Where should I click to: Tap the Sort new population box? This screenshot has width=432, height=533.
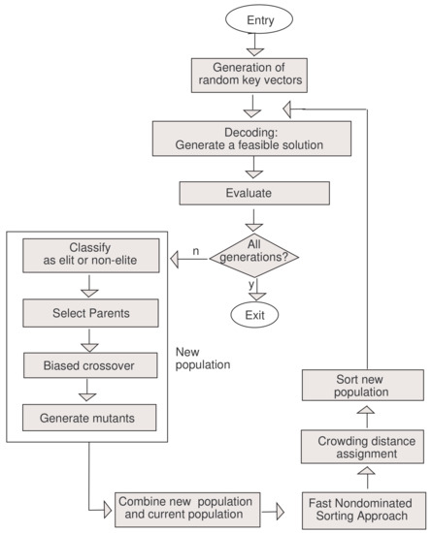pyautogui.click(x=363, y=387)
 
